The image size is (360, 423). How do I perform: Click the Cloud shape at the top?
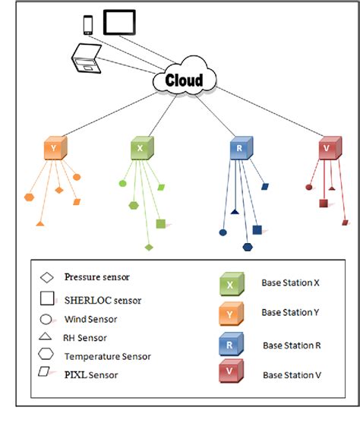[x=185, y=80]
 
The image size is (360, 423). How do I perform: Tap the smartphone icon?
[x=87, y=24]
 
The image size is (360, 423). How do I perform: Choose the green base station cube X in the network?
[x=141, y=149]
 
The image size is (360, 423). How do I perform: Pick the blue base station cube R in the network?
[x=241, y=149]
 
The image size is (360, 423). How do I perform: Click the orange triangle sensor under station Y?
[x=39, y=223]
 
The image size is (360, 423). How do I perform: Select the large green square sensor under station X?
[x=161, y=223]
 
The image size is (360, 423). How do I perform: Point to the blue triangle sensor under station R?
[x=235, y=211]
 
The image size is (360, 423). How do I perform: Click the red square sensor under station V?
[x=324, y=204]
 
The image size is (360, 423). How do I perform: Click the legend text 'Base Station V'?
[x=291, y=374]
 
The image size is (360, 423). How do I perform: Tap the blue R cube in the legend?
[x=229, y=344]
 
